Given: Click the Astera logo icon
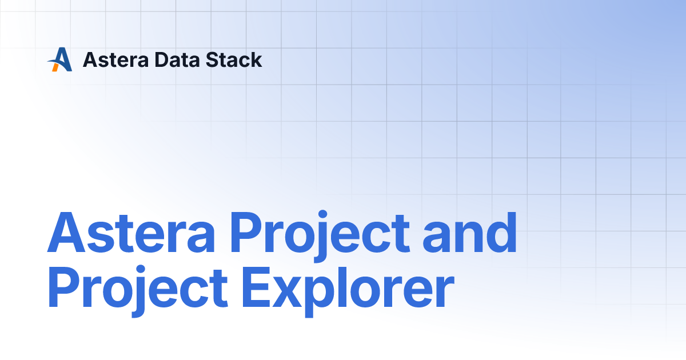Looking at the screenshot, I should click(x=60, y=59).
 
